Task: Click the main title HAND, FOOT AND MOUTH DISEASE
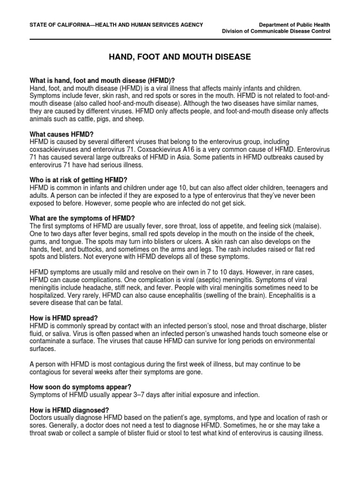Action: click(180, 57)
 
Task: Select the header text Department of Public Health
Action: click(294, 24)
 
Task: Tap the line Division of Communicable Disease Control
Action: click(276, 31)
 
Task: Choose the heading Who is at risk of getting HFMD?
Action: click(78, 180)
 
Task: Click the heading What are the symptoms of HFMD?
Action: click(82, 218)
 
